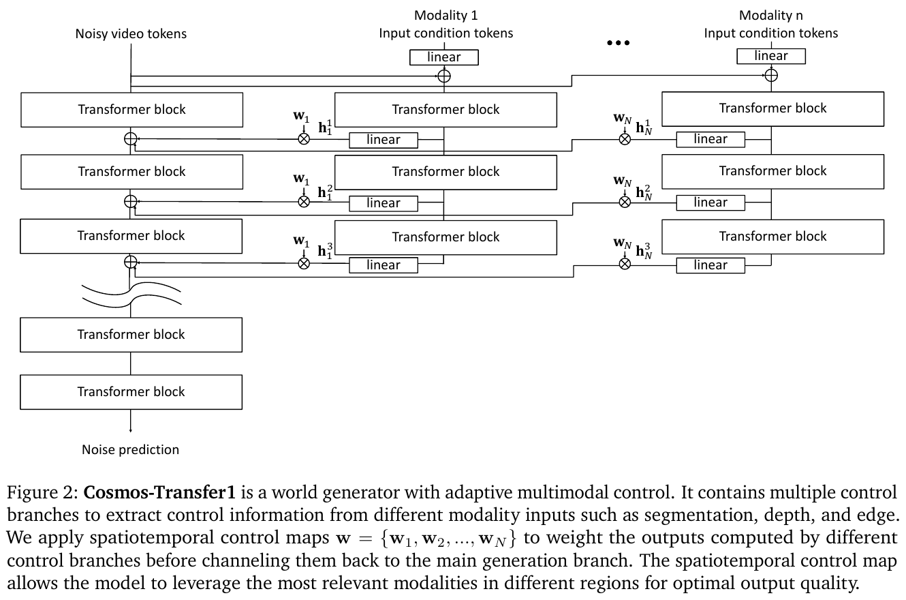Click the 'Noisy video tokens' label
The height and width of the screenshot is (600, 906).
pyautogui.click(x=131, y=33)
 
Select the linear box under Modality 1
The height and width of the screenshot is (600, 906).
pyautogui.click(x=443, y=57)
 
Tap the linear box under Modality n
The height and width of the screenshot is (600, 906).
pyautogui.click(x=771, y=56)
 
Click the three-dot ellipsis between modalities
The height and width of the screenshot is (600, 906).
pyautogui.click(x=618, y=43)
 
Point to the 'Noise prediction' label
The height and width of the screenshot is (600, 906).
pyautogui.click(x=130, y=449)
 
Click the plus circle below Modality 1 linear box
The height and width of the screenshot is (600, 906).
pyautogui.click(x=444, y=76)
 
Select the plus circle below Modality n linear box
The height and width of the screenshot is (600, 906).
pyautogui.click(x=771, y=75)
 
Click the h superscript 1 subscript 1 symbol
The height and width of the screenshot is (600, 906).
pyautogui.click(x=325, y=127)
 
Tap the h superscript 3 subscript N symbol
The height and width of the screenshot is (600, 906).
pyautogui.click(x=644, y=251)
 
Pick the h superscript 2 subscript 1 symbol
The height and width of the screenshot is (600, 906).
pyautogui.click(x=325, y=192)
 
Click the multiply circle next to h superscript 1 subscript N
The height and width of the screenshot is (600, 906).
pyautogui.click(x=625, y=139)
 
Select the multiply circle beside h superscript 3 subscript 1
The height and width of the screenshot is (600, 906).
pyautogui.click(x=304, y=264)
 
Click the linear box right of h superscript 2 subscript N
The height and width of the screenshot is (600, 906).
pyautogui.click(x=710, y=202)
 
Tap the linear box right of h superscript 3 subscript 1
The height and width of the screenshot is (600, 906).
pyautogui.click(x=384, y=265)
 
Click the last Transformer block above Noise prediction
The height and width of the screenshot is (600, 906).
pyautogui.click(x=131, y=392)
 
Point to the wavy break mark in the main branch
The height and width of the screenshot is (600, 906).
pyautogui.click(x=131, y=293)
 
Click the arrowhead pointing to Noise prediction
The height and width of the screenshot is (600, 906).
pyautogui.click(x=130, y=430)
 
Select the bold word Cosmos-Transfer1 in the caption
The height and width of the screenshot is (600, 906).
pyautogui.click(x=159, y=492)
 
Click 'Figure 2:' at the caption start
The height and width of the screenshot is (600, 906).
pyautogui.click(x=42, y=493)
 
